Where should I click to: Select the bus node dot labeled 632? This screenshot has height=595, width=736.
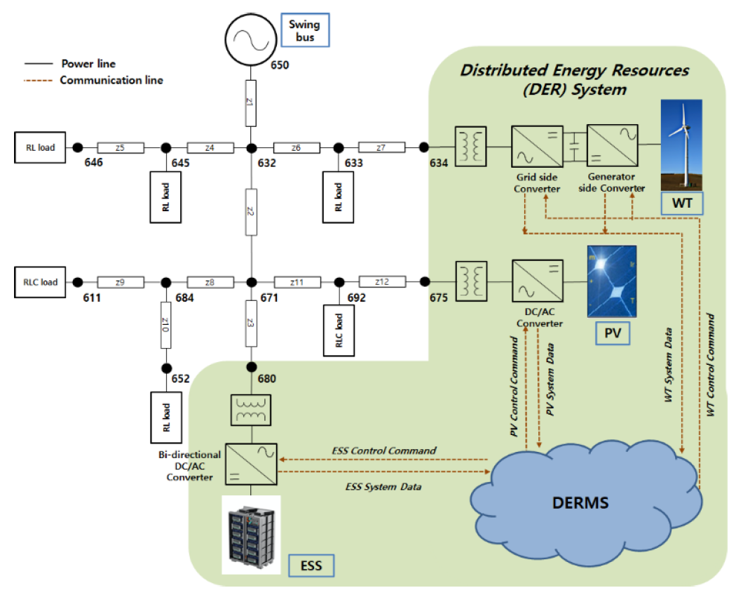click(x=250, y=147)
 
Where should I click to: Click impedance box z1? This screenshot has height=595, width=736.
click(x=250, y=100)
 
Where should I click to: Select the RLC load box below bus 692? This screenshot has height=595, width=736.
click(x=338, y=325)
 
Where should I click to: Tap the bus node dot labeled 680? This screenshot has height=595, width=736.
click(x=250, y=368)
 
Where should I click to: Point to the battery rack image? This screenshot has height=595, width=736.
click(x=251, y=535)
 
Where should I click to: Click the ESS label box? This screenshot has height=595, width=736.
click(x=311, y=564)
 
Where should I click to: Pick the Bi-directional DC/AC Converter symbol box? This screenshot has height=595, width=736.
click(x=251, y=463)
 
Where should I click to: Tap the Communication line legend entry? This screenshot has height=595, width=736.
click(x=111, y=80)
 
